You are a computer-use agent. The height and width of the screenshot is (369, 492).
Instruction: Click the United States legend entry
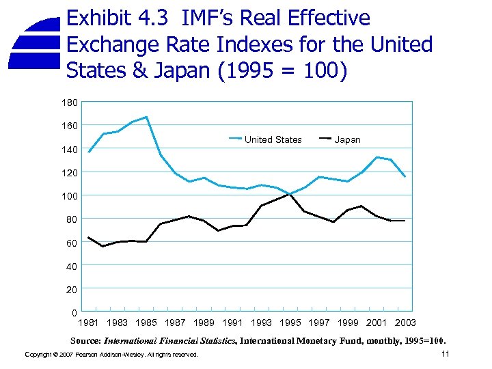(x=273, y=139)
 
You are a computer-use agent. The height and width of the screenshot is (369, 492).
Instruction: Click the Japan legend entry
(x=347, y=139)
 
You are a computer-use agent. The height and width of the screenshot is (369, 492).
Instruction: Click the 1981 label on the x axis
(x=89, y=323)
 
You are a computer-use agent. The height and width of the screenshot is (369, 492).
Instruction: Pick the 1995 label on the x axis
(x=290, y=323)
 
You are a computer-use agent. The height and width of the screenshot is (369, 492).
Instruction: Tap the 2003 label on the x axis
(x=405, y=323)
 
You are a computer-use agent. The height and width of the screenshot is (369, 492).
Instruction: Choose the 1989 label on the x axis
(x=204, y=323)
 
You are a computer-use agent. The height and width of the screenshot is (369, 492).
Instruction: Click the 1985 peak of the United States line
(x=146, y=117)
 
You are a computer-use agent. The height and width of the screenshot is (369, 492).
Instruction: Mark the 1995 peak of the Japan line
(x=290, y=194)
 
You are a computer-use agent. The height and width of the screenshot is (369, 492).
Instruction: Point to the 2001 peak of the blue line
(x=377, y=157)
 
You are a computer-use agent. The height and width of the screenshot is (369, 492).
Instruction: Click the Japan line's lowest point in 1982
(x=103, y=246)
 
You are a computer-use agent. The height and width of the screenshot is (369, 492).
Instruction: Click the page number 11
(x=445, y=353)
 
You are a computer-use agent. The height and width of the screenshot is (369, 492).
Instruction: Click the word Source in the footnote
(x=85, y=340)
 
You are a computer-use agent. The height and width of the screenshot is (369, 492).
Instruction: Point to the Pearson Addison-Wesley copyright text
(x=111, y=355)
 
